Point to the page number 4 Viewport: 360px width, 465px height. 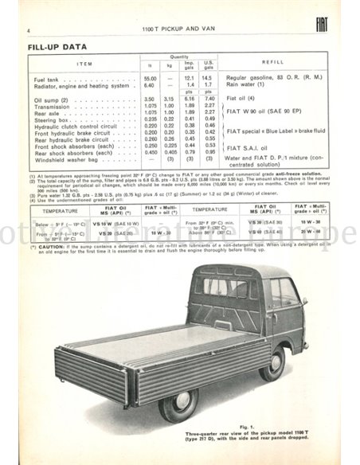28,30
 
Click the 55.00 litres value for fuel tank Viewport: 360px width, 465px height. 150,78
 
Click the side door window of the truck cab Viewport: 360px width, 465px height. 283,294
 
